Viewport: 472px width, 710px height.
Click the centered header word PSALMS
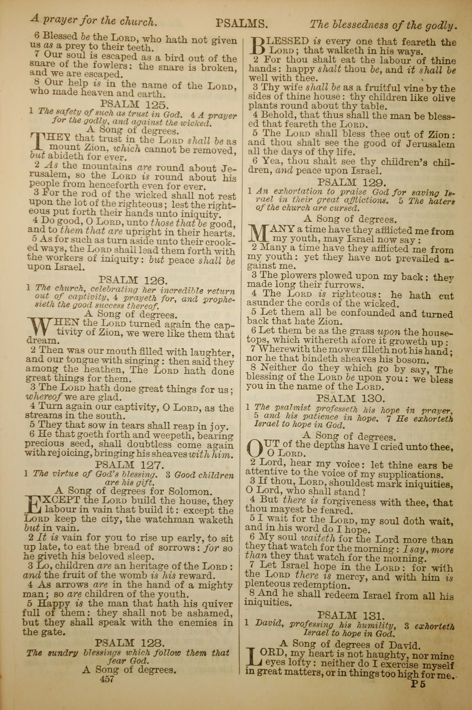pyautogui.click(x=241, y=23)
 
